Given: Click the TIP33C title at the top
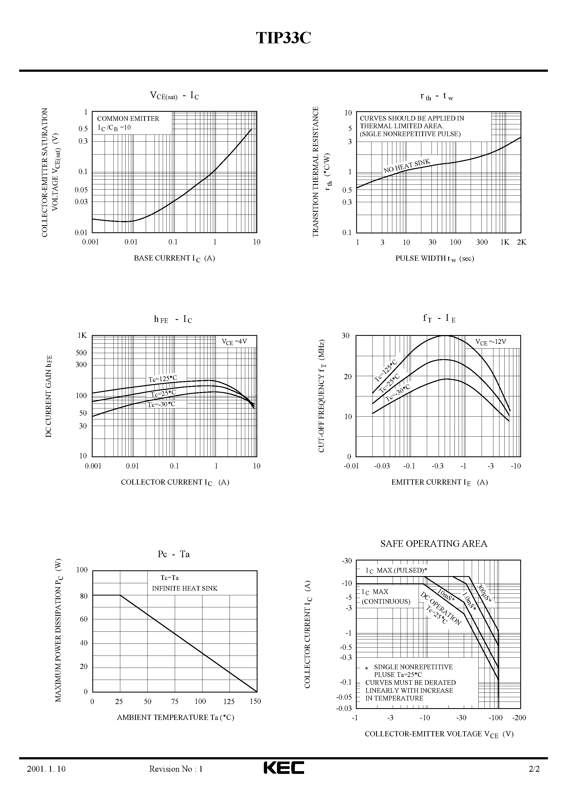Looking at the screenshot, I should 283,38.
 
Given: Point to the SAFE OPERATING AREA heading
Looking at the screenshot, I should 434,543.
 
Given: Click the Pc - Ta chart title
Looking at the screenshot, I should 173,554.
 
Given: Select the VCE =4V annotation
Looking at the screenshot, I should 234,342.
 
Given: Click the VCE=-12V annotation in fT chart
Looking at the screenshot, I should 491,342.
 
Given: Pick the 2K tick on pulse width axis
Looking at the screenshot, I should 521,242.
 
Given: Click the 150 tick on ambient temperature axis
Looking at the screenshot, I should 255,701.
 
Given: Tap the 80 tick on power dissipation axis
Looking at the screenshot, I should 84,596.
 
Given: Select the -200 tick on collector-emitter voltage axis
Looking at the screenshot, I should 519,718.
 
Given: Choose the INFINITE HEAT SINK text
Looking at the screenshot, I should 185,588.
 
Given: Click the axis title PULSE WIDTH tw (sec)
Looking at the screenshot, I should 434,259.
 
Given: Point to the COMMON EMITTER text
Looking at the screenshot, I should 128,119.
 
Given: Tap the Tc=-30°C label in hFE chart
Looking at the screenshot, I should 161,404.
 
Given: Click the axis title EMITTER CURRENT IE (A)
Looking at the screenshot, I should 439,482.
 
